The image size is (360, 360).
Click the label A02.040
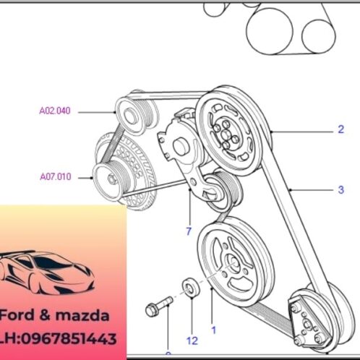(x=54, y=112)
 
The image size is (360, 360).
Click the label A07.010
(x=54, y=176)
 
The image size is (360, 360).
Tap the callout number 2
(x=340, y=131)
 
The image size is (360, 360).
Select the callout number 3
(x=340, y=191)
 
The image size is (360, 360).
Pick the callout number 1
(x=213, y=329)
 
